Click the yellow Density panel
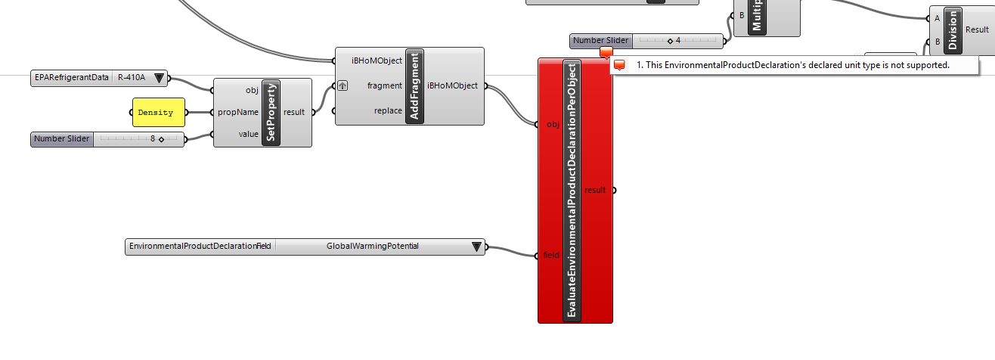(x=158, y=113)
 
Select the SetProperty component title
(x=271, y=112)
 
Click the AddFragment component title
(x=415, y=86)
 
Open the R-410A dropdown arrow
(x=159, y=77)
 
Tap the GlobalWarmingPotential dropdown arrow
(x=476, y=247)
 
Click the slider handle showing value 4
(x=670, y=41)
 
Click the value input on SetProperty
(x=248, y=133)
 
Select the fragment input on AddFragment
(x=384, y=85)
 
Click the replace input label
(x=387, y=111)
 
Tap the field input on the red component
(x=551, y=255)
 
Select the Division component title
(x=952, y=30)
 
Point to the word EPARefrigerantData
(x=71, y=77)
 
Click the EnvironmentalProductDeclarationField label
(x=200, y=247)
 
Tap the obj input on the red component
(x=552, y=125)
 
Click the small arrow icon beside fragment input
(x=343, y=85)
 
